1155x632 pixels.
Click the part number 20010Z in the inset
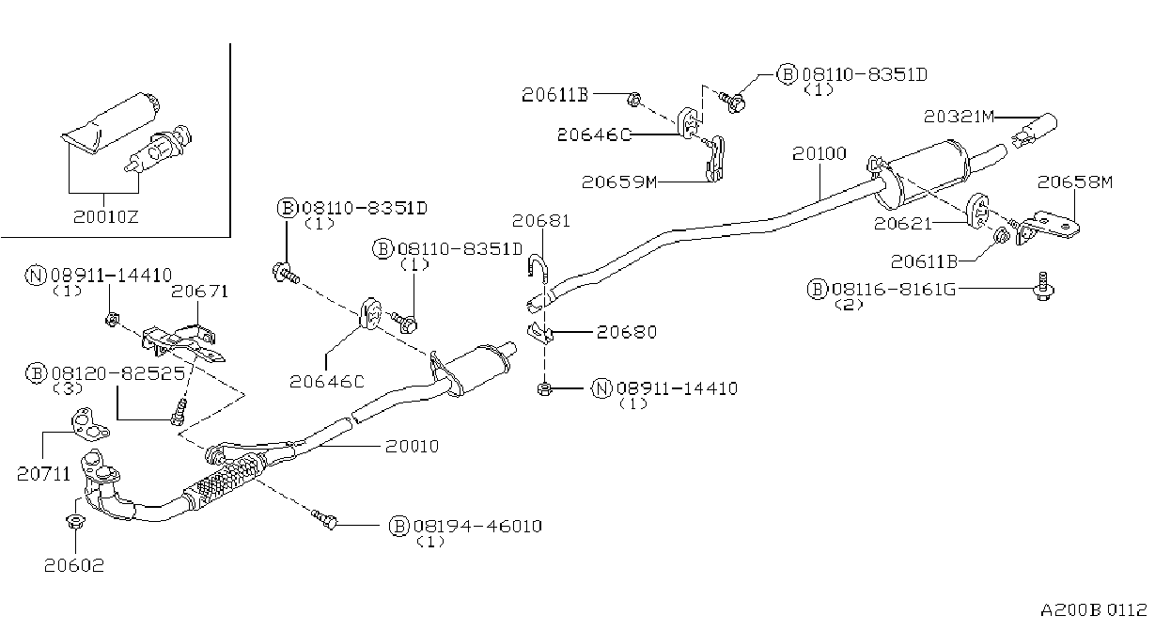coord(105,216)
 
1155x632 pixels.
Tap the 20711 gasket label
coord(43,474)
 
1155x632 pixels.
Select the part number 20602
coord(73,565)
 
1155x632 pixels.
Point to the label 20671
coord(199,292)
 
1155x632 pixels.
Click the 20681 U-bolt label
coord(541,221)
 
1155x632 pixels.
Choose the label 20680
coord(627,332)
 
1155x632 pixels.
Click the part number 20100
coord(819,153)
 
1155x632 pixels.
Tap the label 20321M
coord(959,117)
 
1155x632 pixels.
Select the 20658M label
coord(1075,182)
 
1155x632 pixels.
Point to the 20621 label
coord(903,224)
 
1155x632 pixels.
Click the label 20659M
coord(619,182)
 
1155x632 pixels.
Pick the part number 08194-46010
coord(478,527)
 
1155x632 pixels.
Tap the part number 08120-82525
coord(118,373)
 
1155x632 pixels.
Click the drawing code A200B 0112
coord(1093,610)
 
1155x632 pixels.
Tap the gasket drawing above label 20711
coord(89,424)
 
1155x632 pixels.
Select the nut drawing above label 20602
coord(75,521)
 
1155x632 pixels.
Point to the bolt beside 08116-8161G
coord(1043,286)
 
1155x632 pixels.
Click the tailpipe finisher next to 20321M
coord(1034,130)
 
